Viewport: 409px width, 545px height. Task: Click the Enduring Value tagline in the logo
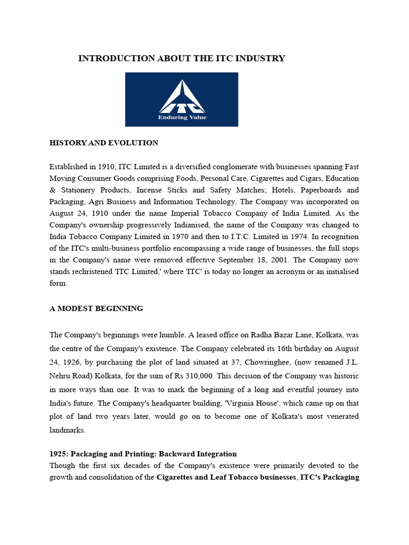pos(182,117)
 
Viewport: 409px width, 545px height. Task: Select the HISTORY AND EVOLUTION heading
pos(104,143)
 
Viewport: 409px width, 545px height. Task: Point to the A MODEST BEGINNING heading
pos(96,309)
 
